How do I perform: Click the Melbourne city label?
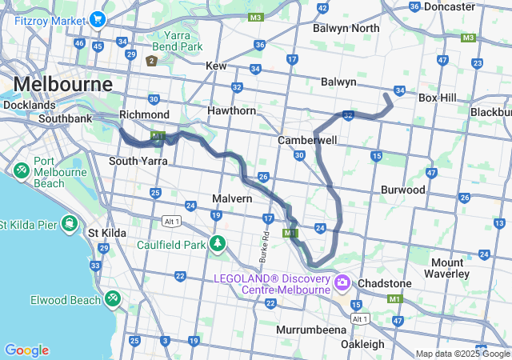[x=63, y=84]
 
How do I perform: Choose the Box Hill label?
[x=437, y=98]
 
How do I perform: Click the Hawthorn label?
[x=231, y=110]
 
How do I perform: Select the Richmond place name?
[x=144, y=114]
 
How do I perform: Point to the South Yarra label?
[x=138, y=161]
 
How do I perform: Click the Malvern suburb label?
[x=232, y=198]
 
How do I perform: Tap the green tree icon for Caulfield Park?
[x=217, y=243]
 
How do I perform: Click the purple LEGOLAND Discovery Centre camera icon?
[x=342, y=282]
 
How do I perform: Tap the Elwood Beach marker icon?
[x=113, y=299]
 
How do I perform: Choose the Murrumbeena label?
[x=311, y=330]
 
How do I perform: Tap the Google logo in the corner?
[x=26, y=350]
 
